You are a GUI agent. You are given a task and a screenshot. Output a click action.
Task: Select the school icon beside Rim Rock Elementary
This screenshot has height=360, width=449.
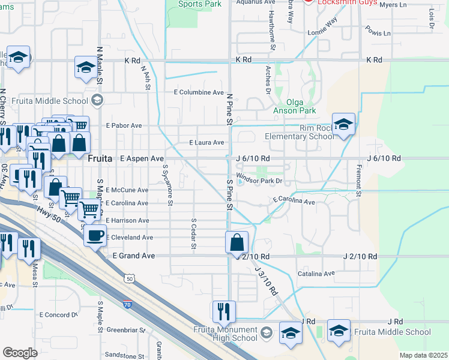pyautogui.click(x=343, y=125)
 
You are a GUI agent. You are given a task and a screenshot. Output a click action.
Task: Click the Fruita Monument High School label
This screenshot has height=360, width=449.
pyautogui.click(x=225, y=334)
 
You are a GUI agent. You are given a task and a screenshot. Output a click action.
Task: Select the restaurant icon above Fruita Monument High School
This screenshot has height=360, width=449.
pyautogui.click(x=223, y=311)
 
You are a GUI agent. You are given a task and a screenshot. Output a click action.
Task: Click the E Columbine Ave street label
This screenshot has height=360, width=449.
pyautogui.click(x=199, y=93)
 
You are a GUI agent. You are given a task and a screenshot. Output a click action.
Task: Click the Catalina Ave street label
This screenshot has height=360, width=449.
pyautogui.click(x=316, y=274)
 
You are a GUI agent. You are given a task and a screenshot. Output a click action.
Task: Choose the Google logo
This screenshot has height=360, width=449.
pyautogui.click(x=20, y=353)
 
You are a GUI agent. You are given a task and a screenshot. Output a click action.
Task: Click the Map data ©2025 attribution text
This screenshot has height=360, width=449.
pyautogui.click(x=423, y=355)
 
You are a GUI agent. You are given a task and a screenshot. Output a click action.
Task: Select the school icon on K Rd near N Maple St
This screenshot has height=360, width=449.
pyautogui.click(x=85, y=68)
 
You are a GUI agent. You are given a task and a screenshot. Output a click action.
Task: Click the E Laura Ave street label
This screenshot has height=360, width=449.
pyautogui.click(x=206, y=143)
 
